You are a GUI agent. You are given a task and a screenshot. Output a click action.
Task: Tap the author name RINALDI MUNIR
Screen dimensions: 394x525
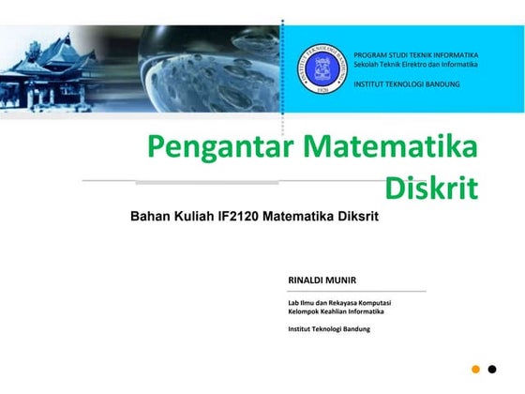pos(322,280)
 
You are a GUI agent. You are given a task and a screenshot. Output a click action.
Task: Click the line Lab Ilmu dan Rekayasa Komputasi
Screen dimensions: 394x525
pos(339,302)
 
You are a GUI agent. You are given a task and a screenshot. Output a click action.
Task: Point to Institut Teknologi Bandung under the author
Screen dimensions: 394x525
pos(329,329)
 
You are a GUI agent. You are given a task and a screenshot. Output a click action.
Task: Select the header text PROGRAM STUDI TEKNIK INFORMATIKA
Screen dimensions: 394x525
pos(415,55)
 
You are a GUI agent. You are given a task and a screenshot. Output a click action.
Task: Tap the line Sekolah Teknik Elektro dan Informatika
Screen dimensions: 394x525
pos(415,64)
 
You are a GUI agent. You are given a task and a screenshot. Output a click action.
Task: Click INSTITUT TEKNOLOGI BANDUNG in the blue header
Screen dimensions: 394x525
pos(407,84)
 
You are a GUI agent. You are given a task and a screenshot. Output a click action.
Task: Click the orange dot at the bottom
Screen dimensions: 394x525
pos(475,369)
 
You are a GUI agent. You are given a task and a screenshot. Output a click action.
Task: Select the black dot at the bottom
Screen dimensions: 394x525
pos(493,369)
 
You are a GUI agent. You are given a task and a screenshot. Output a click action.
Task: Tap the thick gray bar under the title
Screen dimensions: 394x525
pos(206,182)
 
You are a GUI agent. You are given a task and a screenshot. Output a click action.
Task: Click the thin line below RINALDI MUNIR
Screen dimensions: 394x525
pos(356,291)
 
